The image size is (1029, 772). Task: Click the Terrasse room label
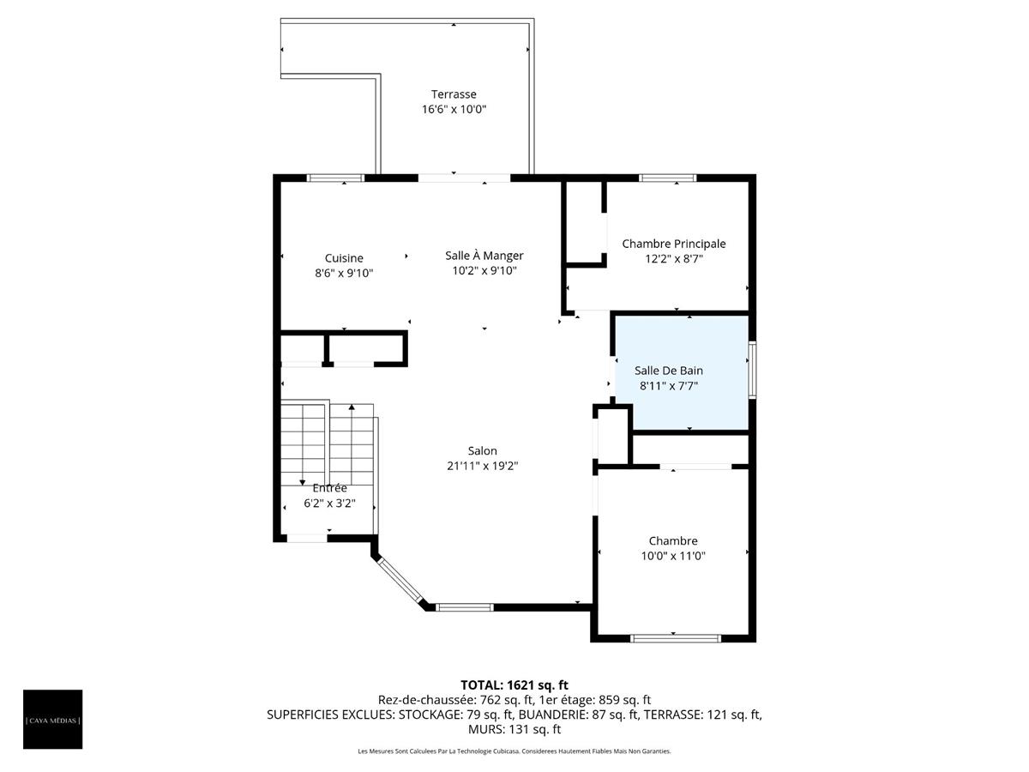454,94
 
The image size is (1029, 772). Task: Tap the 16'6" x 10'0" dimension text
454,110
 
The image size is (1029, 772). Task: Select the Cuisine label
344,258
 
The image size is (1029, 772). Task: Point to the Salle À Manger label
484,256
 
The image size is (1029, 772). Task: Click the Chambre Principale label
673,244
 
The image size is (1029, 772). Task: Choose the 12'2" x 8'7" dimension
673,258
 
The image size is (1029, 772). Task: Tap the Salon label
482,451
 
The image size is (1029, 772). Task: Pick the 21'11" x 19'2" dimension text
482,466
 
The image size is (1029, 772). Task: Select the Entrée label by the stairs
329,488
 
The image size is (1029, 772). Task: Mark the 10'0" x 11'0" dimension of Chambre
672,556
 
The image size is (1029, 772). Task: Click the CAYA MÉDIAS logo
53,719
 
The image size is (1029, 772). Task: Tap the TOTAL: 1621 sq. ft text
514,685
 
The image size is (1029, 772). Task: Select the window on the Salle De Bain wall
752,370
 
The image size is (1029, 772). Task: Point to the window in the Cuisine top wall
336,178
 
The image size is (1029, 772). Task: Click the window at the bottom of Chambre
675,637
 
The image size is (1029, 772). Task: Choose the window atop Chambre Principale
667,178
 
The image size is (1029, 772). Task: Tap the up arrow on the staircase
352,407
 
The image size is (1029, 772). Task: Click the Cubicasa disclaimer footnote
514,751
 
